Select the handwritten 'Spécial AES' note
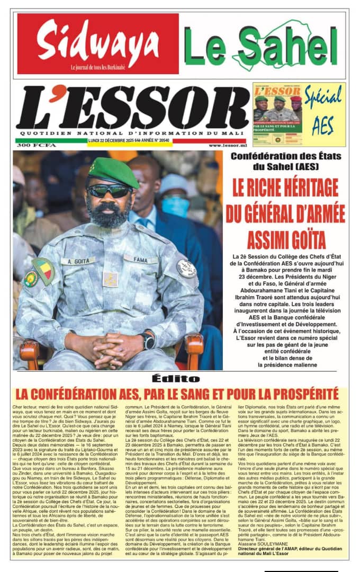click(323, 114)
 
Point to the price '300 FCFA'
click(32, 145)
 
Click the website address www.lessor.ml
click(228, 145)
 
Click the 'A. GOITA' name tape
click(77, 261)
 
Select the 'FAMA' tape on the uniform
click(141, 259)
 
